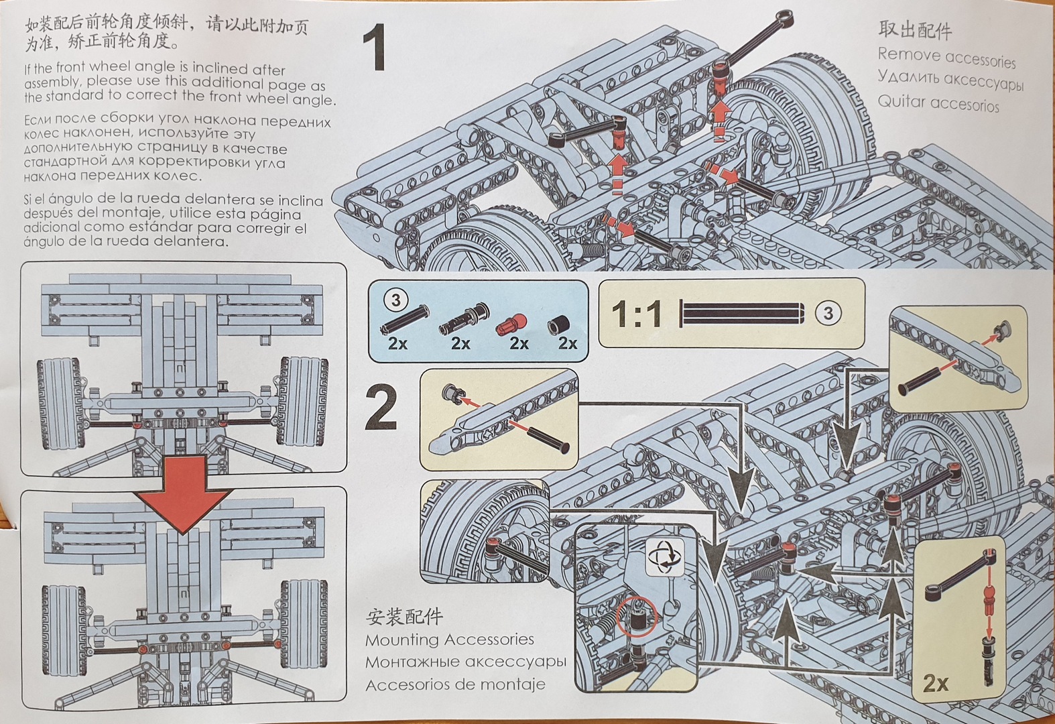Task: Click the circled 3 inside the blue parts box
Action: pos(395,300)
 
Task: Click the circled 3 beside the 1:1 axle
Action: pos(828,313)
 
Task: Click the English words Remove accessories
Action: pos(946,57)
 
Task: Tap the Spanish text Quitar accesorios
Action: pos(938,103)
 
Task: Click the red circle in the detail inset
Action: pos(637,617)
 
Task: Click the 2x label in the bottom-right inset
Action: pos(936,682)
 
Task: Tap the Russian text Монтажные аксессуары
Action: pos(465,662)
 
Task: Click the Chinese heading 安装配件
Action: pos(404,617)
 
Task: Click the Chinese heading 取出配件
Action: pos(914,29)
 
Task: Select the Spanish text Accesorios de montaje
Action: pos(455,684)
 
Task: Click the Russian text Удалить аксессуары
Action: pos(950,80)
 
